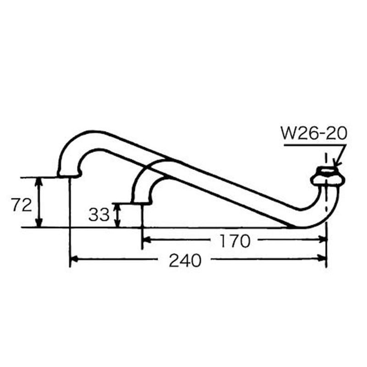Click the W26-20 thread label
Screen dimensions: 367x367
click(314, 133)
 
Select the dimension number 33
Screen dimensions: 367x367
click(99, 214)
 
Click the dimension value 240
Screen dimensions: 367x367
click(185, 261)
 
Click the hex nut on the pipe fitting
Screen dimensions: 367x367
click(327, 177)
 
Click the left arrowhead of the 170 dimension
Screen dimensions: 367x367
click(146, 239)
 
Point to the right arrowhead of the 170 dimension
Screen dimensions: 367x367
click(323, 239)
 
